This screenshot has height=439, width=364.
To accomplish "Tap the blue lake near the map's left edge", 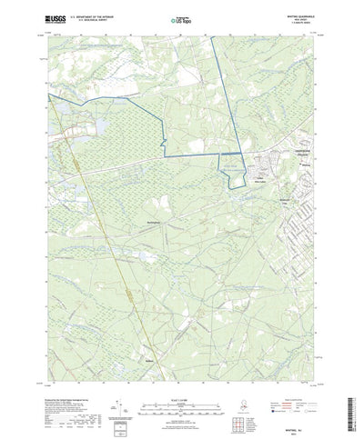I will [x=62, y=110].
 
